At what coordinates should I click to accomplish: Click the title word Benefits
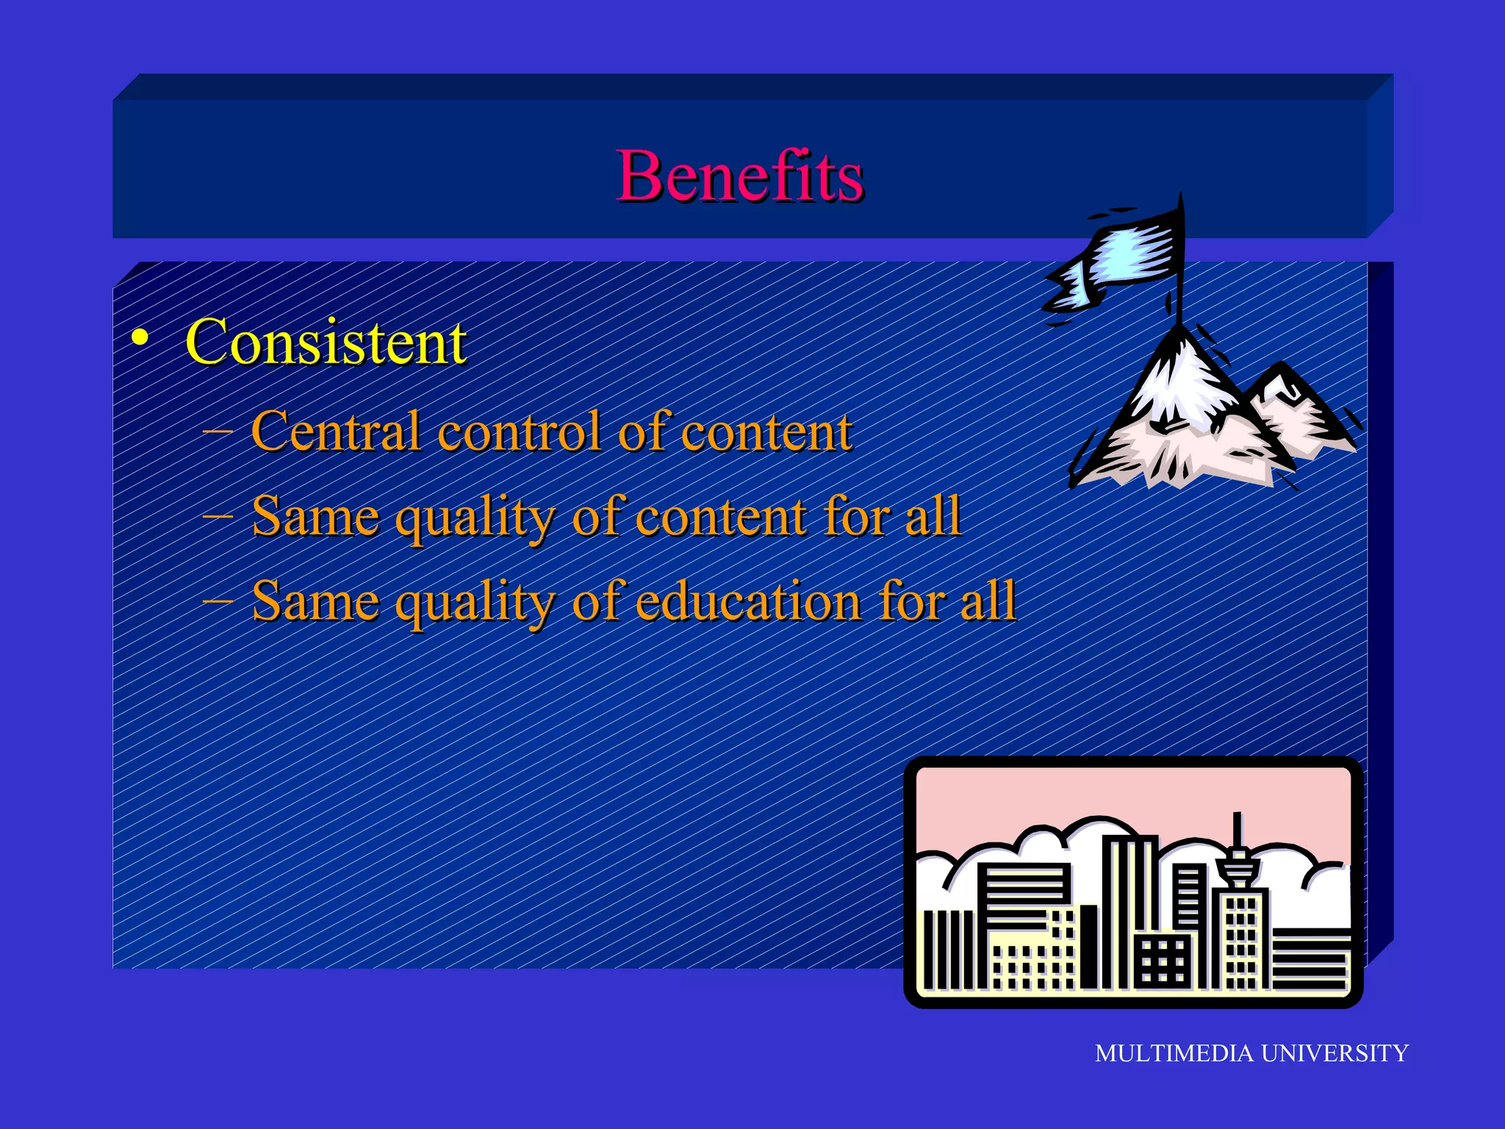(x=739, y=176)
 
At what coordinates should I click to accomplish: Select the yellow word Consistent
(x=326, y=343)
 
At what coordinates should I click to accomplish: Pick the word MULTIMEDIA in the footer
(x=1174, y=1053)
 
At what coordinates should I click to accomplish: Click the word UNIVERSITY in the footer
(x=1335, y=1053)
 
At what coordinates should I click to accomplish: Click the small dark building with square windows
(x=1163, y=959)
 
